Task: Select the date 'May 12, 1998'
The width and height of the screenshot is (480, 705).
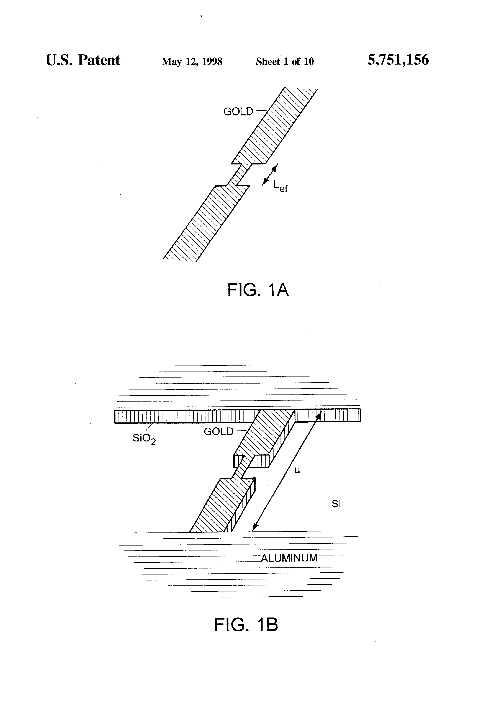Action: tap(192, 62)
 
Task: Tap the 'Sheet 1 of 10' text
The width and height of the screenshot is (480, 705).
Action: tap(285, 62)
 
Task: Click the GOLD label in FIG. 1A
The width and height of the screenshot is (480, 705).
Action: tap(238, 112)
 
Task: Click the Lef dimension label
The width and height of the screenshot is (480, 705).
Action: tap(280, 186)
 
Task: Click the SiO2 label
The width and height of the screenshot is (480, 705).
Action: tap(144, 439)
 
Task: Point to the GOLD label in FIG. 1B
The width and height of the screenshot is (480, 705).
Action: tap(218, 431)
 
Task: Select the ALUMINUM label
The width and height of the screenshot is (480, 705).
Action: tap(289, 558)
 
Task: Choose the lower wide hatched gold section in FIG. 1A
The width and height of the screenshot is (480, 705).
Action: tap(206, 224)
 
